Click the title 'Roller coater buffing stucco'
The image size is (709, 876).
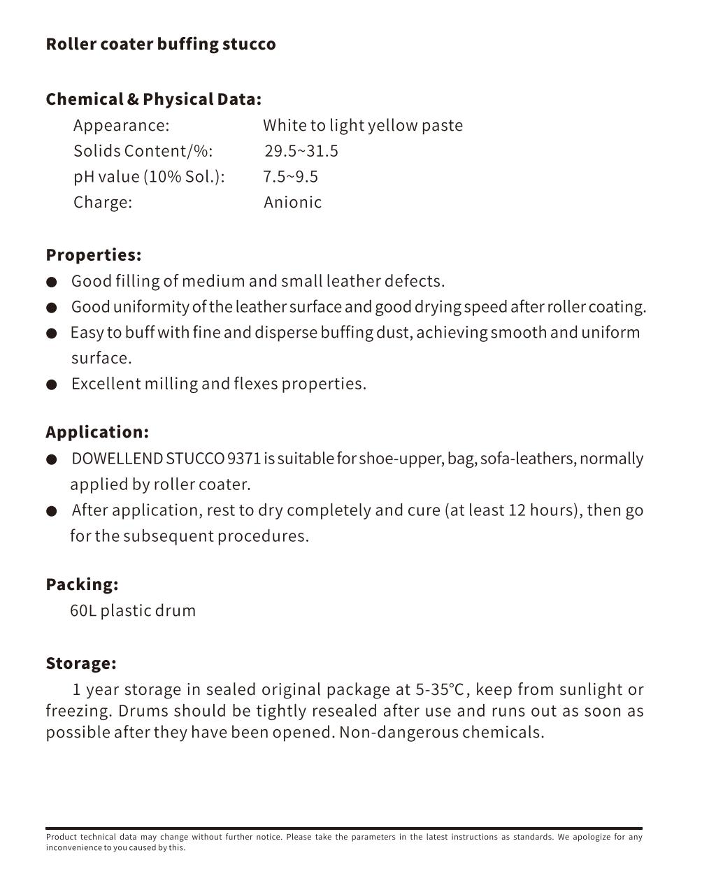[161, 44]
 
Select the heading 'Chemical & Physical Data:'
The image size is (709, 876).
[153, 99]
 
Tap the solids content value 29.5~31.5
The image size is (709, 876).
[301, 151]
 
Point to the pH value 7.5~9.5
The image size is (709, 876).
[290, 177]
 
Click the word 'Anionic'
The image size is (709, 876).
[292, 203]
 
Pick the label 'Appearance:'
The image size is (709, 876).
[121, 126]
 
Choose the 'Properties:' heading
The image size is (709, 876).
[93, 255]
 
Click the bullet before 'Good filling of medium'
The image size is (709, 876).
[52, 282]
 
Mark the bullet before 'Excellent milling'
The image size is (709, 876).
[52, 385]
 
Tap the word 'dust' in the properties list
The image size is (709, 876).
[396, 333]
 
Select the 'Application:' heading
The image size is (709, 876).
[97, 432]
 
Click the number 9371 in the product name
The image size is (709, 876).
[244, 459]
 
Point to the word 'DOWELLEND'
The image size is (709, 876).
[117, 459]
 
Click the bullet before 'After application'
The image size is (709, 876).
[52, 512]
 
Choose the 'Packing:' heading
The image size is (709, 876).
[82, 584]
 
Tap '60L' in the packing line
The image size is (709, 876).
[83, 611]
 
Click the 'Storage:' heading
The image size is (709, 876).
[81, 663]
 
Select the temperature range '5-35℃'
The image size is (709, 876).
[441, 690]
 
